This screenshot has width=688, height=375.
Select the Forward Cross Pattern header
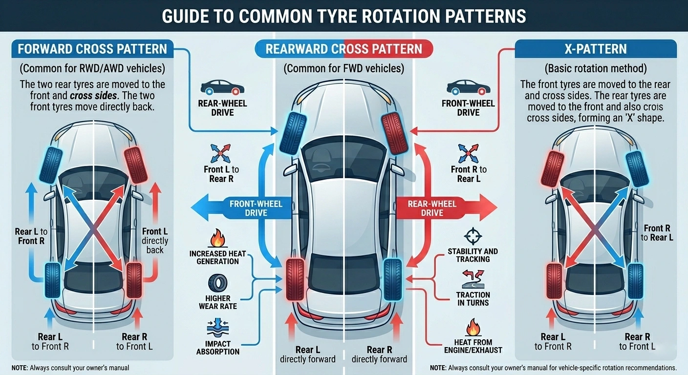click(92, 49)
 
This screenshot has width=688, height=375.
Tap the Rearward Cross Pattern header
click(344, 49)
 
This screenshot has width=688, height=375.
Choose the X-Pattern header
click(595, 49)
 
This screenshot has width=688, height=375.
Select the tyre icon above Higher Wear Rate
click(217, 284)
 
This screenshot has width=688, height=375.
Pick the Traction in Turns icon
click(472, 279)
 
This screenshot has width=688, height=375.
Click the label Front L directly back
click(155, 240)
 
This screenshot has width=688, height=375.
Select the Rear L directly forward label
click(307, 354)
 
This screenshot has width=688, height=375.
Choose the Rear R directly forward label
click(379, 354)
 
